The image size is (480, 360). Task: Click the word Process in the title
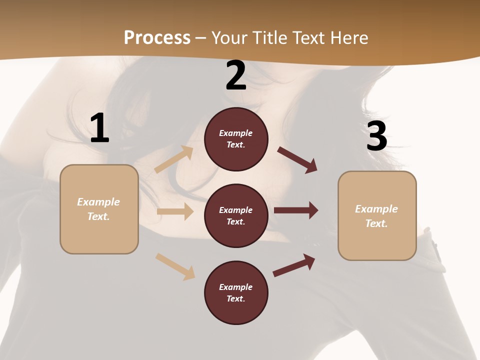pos(157,37)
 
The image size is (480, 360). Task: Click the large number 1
pos(99,128)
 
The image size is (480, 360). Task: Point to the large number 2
pos(236,76)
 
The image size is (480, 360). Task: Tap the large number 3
pos(376,136)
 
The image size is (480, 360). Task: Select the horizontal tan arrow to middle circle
pos(175,211)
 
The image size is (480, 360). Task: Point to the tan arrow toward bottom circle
pos(175,266)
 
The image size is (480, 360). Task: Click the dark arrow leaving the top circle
pos(297,159)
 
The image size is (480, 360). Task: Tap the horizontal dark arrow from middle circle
pos(296,210)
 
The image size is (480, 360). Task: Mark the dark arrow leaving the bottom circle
pos(294,265)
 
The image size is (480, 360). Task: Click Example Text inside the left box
pos(98,209)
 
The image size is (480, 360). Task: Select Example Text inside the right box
pos(376,216)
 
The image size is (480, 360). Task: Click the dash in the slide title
pos(201,38)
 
